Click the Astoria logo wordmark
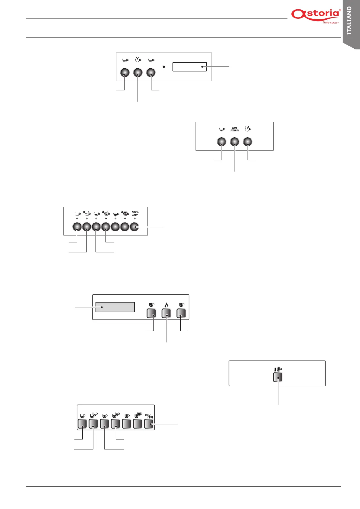315,15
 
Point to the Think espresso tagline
331,23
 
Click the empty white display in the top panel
190,67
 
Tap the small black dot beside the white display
164,66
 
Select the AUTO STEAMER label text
235,129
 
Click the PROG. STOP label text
135,213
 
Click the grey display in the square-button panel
115,307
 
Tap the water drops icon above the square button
167,305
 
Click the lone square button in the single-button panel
277,377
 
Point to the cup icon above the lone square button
278,369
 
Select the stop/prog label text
149,416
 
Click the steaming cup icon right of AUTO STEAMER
248,129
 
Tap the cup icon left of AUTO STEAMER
222,129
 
